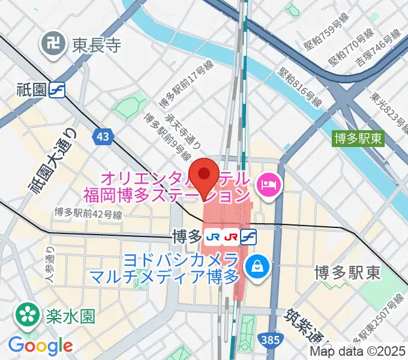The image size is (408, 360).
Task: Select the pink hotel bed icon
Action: tap(266, 184)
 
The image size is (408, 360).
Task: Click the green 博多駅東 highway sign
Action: tap(358, 137)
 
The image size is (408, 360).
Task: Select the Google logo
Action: tap(40, 346)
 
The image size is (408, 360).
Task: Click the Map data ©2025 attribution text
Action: tap(358, 353)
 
